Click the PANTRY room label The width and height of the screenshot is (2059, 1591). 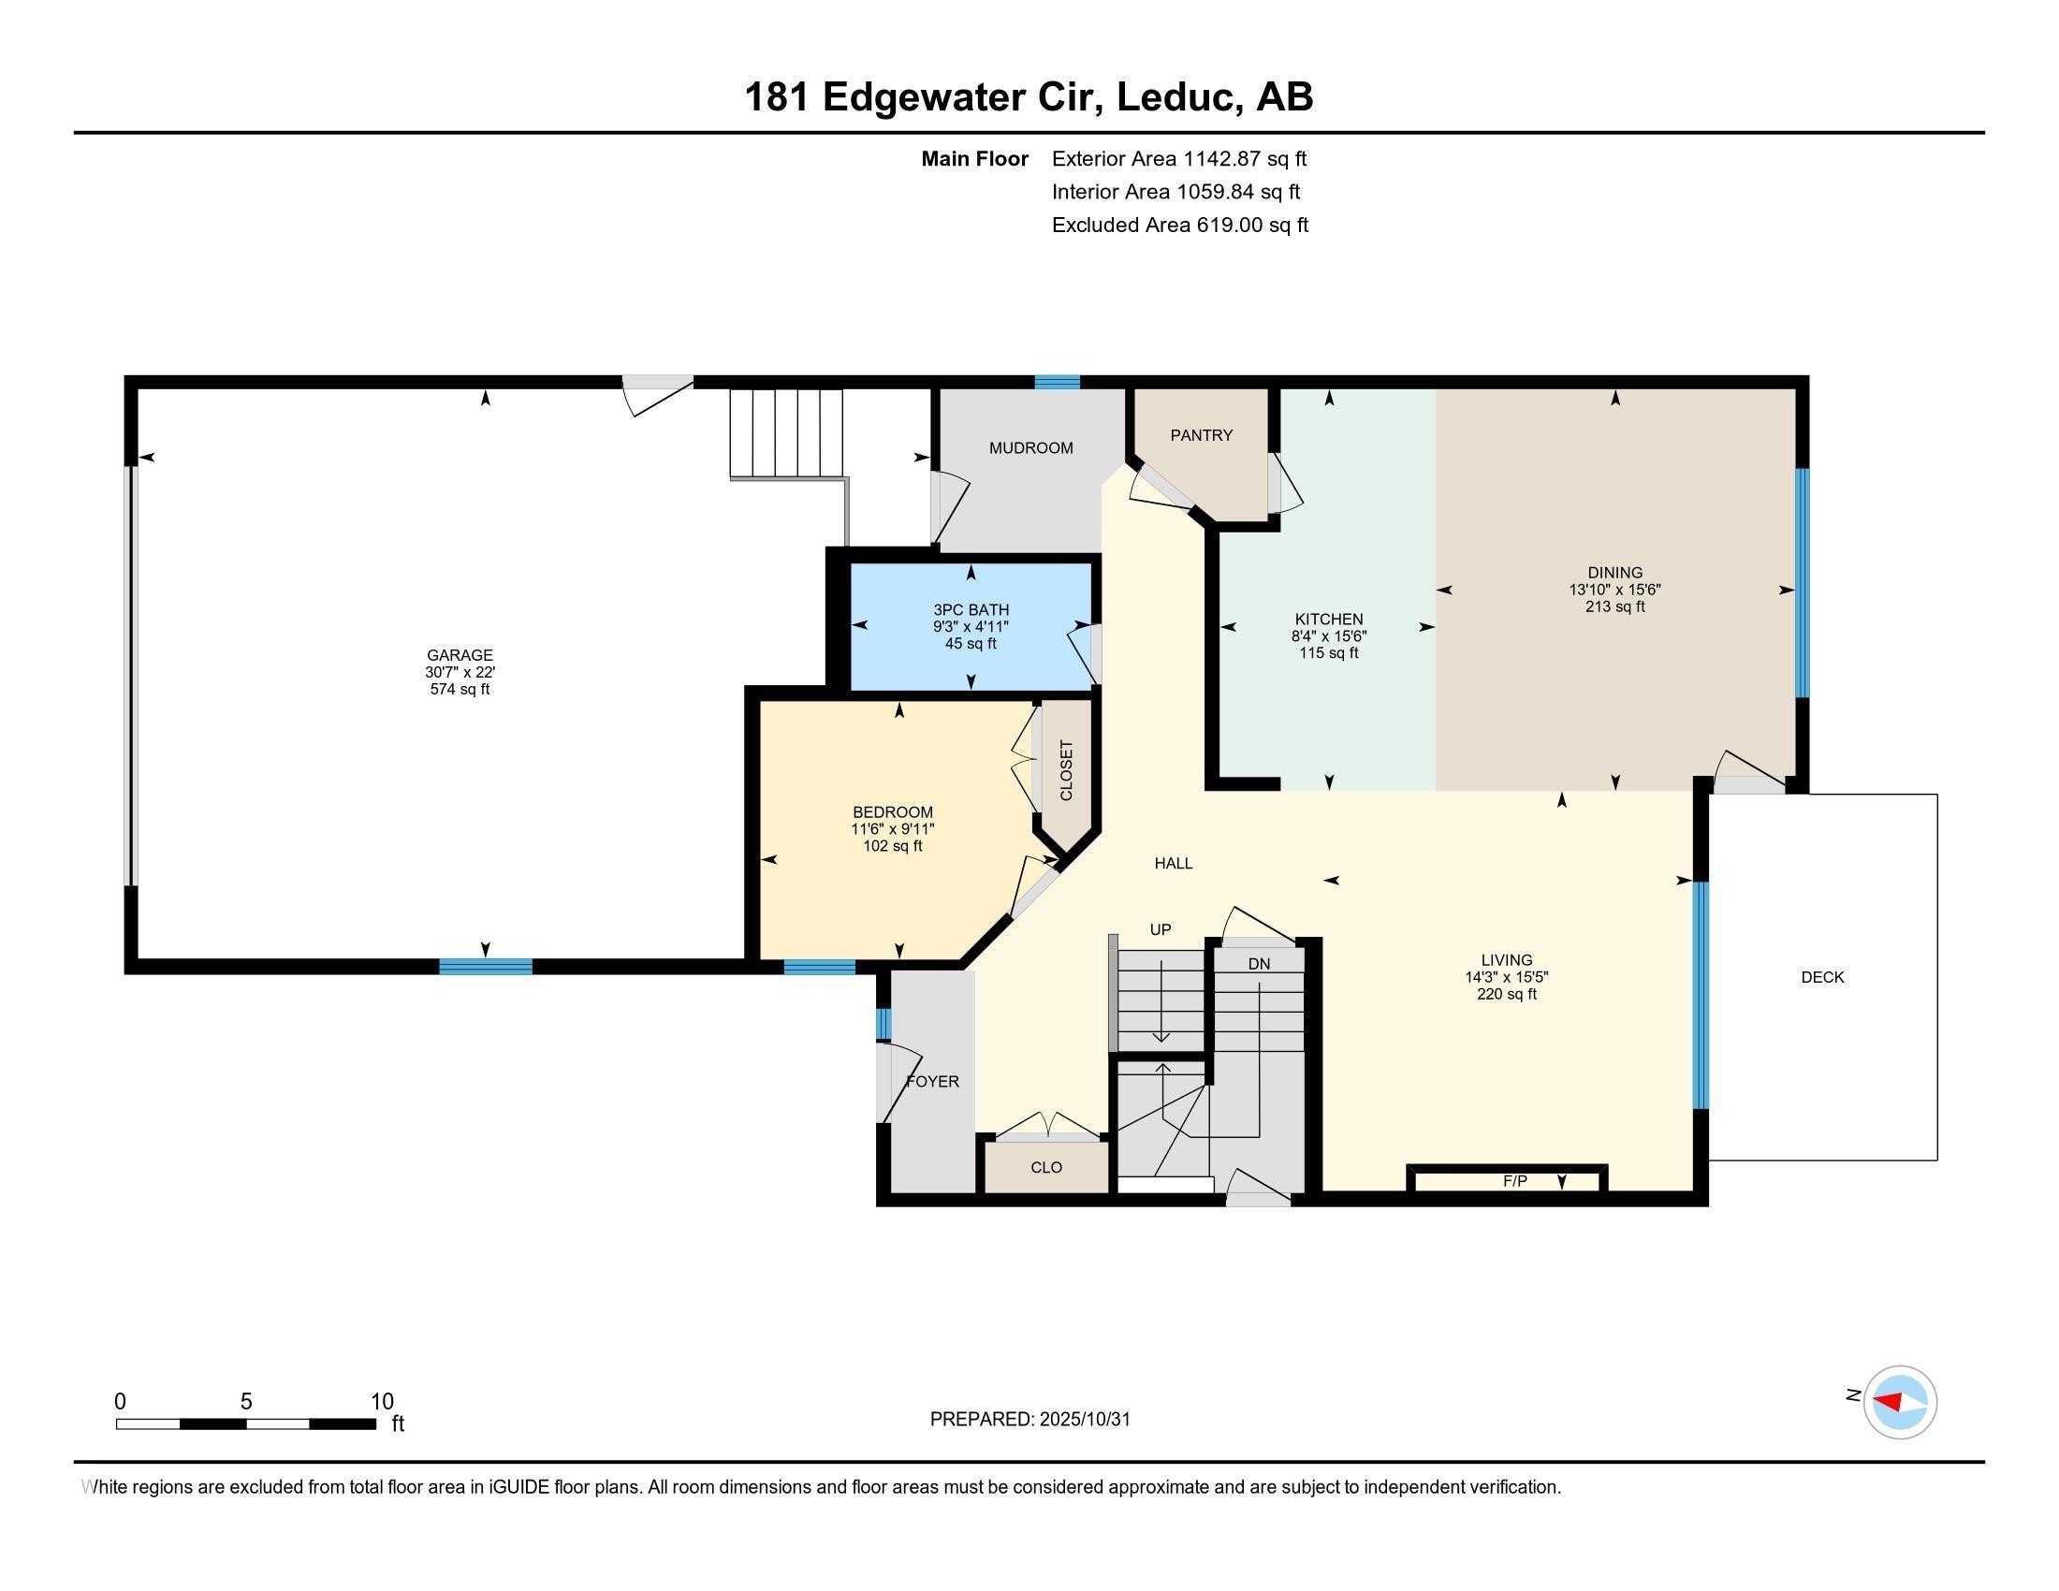coord(1201,435)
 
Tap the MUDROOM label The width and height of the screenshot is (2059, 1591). coord(1030,448)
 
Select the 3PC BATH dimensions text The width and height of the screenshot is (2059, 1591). coord(971,627)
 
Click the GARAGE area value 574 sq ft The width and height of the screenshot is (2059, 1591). coord(460,690)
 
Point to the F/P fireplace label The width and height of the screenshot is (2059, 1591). coord(1514,1181)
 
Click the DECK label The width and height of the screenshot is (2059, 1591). coord(1821,977)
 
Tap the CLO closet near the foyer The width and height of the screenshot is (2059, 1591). coord(1045,1168)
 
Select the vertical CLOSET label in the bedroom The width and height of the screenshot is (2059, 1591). coord(1066,771)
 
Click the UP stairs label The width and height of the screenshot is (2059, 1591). coord(1160,930)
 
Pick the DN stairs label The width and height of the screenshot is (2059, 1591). coord(1259,964)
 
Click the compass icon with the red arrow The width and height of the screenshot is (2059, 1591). coord(1899,1403)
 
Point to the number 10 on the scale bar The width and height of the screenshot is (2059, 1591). coord(382,1402)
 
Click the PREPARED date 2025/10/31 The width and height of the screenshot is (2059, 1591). coord(1084,1420)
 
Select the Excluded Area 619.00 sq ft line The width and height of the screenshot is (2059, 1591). coord(1179,226)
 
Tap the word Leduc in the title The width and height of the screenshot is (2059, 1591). coord(1175,97)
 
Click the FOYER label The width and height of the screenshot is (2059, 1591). coord(932,1082)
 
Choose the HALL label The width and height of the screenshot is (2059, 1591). coord(1173,864)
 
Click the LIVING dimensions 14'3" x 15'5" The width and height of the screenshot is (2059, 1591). coord(1506,977)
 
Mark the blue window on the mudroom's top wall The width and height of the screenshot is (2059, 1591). coord(1056,382)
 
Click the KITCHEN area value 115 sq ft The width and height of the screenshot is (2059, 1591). coord(1328,653)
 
